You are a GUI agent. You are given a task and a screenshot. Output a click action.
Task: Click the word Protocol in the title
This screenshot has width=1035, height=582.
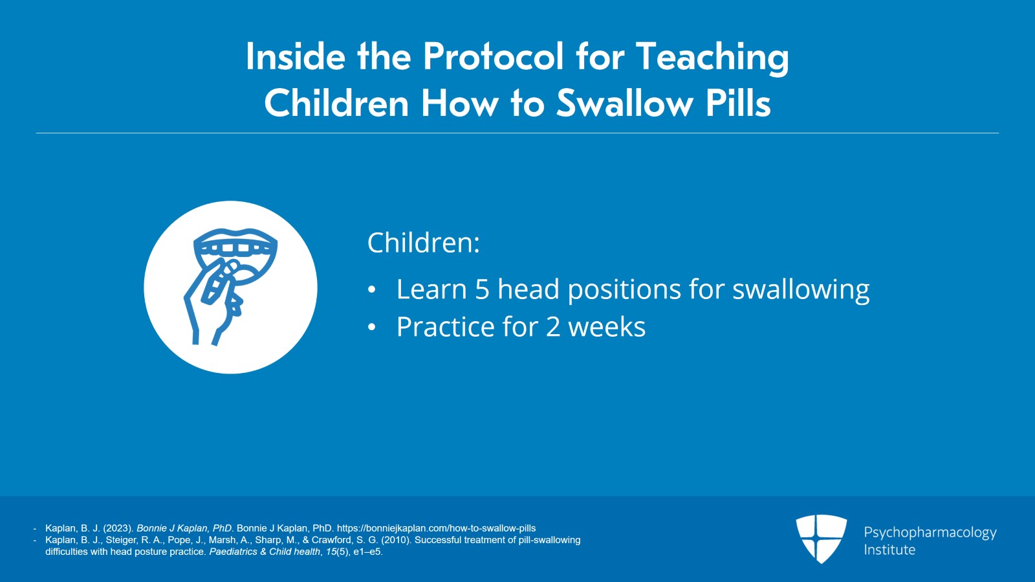(493, 57)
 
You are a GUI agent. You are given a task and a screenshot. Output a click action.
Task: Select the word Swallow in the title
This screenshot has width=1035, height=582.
(625, 104)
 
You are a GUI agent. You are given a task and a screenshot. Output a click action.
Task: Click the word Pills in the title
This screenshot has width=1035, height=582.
(738, 104)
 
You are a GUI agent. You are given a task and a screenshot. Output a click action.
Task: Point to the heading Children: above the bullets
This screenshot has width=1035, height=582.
(424, 243)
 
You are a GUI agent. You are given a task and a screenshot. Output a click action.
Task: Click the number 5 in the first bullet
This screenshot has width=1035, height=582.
(482, 289)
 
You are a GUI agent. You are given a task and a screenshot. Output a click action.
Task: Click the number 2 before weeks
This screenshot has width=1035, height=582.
(553, 327)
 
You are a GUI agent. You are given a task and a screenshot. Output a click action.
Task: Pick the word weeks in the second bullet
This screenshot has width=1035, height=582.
(607, 327)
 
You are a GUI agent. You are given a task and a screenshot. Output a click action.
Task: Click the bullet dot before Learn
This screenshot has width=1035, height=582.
(371, 290)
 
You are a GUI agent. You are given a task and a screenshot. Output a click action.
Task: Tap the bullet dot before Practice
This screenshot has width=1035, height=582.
(371, 328)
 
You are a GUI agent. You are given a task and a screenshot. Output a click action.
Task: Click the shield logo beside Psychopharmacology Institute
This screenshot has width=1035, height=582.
(821, 538)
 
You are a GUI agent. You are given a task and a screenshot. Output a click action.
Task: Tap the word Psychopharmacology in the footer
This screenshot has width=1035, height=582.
(930, 532)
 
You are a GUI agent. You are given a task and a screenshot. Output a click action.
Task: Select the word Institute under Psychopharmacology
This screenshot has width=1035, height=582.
(889, 550)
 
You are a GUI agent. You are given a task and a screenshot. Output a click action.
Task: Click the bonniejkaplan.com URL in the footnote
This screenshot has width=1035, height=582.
(436, 528)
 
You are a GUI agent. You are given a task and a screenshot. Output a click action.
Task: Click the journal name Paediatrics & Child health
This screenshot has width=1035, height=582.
(265, 552)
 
